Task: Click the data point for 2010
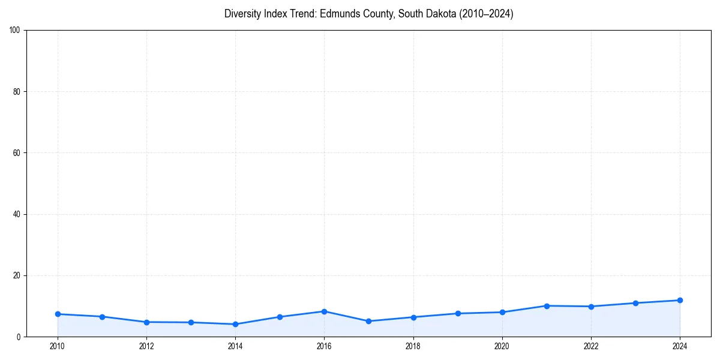[58, 314]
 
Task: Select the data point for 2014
[235, 324]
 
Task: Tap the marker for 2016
[324, 311]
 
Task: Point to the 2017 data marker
[368, 321]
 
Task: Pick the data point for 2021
[547, 306]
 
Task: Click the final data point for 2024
[680, 300]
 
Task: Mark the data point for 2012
[146, 322]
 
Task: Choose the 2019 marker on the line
[458, 313]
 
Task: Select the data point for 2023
[635, 303]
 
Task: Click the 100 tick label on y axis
[15, 30]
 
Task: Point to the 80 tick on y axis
[17, 92]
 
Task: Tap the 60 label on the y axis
[17, 153]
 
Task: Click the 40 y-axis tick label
[17, 214]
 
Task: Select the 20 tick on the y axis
[17, 275]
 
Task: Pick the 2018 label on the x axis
[413, 346]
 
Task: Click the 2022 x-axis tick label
[591, 346]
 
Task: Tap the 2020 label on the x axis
[502, 346]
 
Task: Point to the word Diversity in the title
[243, 14]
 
